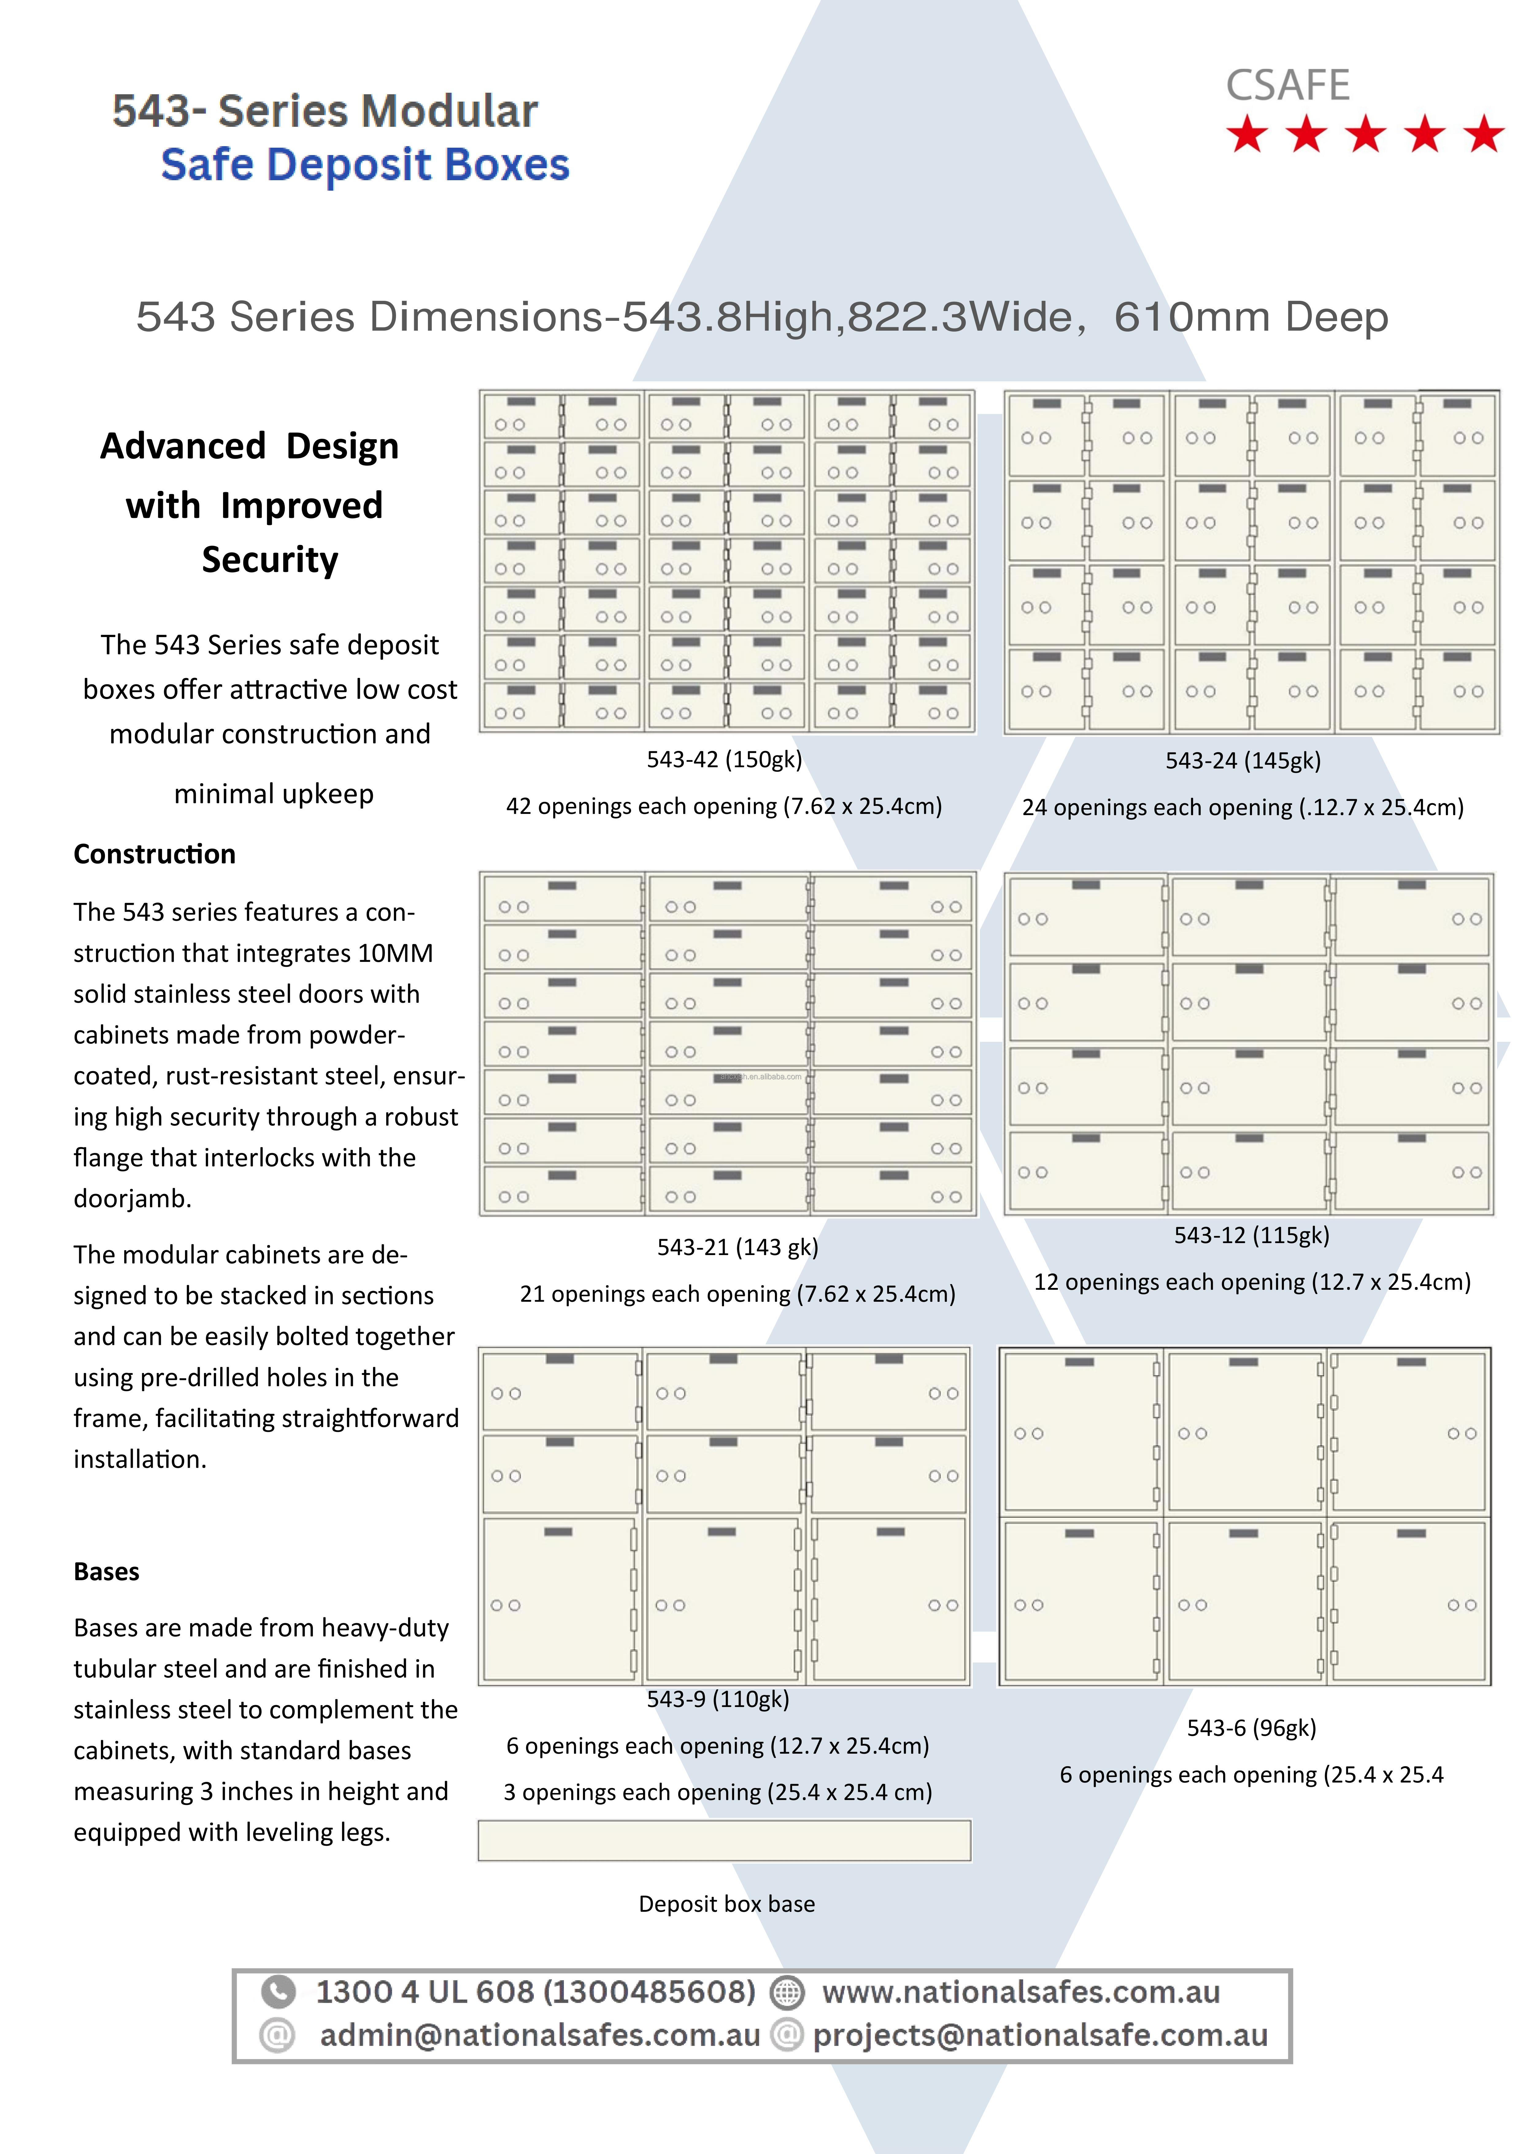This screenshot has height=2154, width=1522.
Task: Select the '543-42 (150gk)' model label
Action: pos(724,759)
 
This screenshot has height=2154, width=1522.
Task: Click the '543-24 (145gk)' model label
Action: pos(1243,760)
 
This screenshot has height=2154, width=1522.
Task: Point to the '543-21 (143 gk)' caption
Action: pos(737,1247)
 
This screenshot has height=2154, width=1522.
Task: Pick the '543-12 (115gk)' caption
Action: pos(1251,1234)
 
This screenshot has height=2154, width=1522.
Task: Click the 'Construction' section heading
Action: pos(155,854)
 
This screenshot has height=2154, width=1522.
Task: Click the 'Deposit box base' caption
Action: pos(727,1903)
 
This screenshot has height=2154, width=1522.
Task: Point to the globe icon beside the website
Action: pos(787,1992)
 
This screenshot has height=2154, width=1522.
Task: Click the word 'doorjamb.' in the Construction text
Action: pos(132,1198)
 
